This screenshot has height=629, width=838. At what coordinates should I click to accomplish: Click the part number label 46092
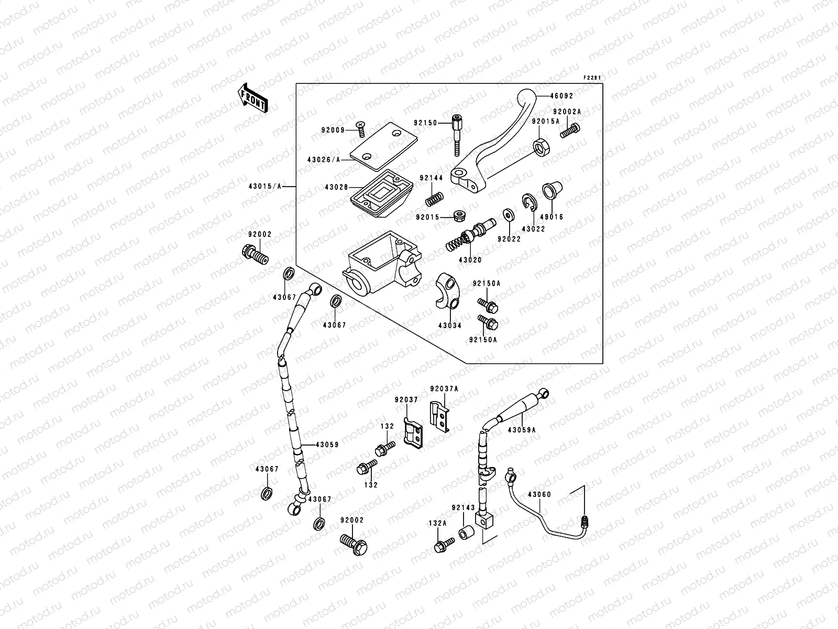click(561, 96)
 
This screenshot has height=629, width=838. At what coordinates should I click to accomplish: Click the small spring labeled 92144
click(436, 199)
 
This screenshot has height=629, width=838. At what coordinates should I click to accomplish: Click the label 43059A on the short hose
click(522, 429)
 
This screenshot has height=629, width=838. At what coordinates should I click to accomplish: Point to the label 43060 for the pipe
click(539, 494)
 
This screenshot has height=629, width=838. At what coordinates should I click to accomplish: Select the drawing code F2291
click(592, 78)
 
